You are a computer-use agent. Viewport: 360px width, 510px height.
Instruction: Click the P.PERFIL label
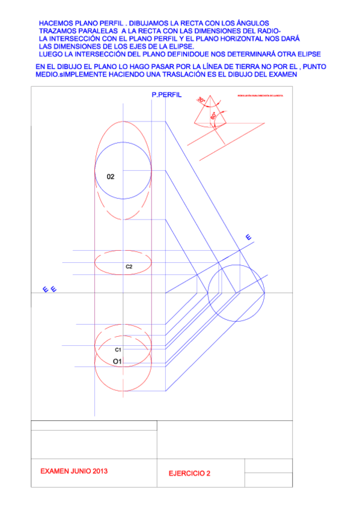point(168,96)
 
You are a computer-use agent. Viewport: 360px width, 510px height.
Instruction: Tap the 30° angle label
point(201,100)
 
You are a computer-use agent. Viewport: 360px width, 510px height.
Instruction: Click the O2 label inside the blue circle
point(111,177)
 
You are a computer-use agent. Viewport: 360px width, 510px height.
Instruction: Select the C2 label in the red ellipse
point(129,266)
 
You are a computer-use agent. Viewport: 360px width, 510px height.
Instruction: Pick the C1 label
point(118,349)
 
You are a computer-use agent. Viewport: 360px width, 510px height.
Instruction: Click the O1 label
point(118,361)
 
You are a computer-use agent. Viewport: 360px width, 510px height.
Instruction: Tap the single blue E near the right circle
point(248,238)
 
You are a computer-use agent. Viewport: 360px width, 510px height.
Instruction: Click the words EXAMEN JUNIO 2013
point(74,472)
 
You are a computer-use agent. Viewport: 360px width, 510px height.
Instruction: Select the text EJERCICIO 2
point(190,473)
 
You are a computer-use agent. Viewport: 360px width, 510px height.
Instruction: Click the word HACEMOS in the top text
point(55,22)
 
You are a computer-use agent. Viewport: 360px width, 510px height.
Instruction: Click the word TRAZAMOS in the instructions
point(61,29)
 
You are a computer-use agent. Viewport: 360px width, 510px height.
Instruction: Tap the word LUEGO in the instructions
point(51,53)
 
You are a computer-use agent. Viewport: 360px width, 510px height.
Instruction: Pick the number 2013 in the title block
point(98,472)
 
